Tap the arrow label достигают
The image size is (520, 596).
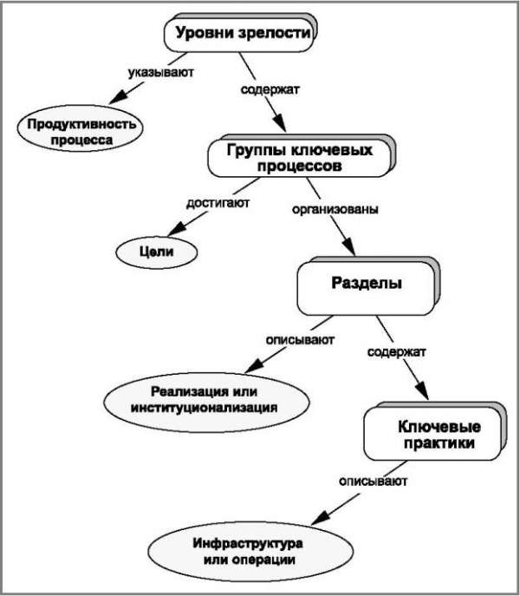pyautogui.click(x=218, y=205)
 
